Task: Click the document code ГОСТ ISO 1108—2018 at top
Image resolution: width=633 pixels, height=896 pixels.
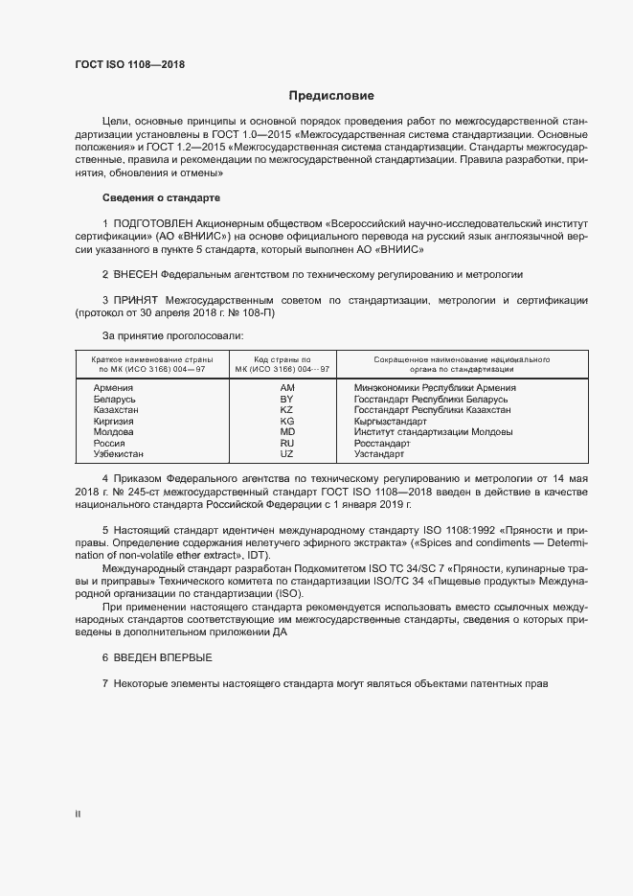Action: pyautogui.click(x=129, y=65)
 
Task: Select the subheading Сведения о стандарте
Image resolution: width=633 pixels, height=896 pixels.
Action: pyautogui.click(x=161, y=198)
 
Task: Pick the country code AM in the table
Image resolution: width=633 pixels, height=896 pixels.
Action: pyautogui.click(x=286, y=387)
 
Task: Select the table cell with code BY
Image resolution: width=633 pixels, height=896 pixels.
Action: pyautogui.click(x=286, y=399)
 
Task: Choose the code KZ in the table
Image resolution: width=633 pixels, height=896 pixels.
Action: pyautogui.click(x=286, y=410)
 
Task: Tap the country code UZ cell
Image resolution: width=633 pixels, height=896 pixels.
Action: pyautogui.click(x=286, y=453)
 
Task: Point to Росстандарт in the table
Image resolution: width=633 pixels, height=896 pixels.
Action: pyautogui.click(x=382, y=443)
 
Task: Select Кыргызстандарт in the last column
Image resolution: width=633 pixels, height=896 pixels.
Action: pyautogui.click(x=391, y=421)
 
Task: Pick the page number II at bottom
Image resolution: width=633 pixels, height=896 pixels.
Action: pyautogui.click(x=78, y=815)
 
